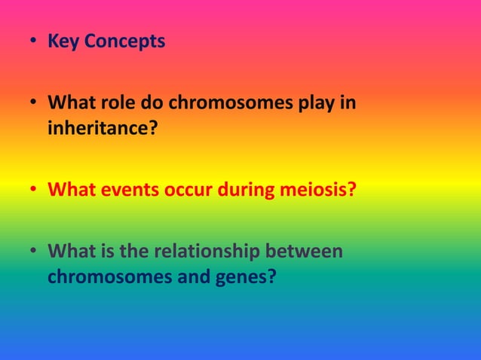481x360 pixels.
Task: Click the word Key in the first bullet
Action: click(x=63, y=41)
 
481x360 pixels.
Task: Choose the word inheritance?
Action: click(x=103, y=129)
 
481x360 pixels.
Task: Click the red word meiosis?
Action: click(x=317, y=188)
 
